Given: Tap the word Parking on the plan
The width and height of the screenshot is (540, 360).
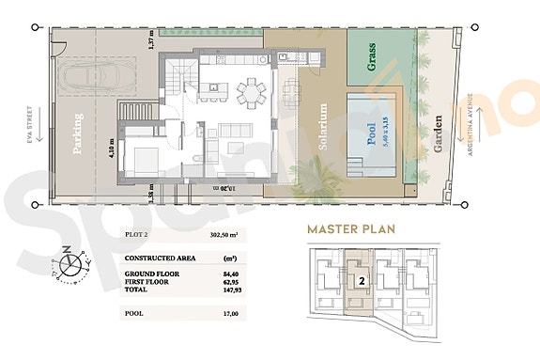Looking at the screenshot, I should coord(78,133).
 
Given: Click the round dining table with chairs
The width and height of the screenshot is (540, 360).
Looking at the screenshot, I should coord(251,92).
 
